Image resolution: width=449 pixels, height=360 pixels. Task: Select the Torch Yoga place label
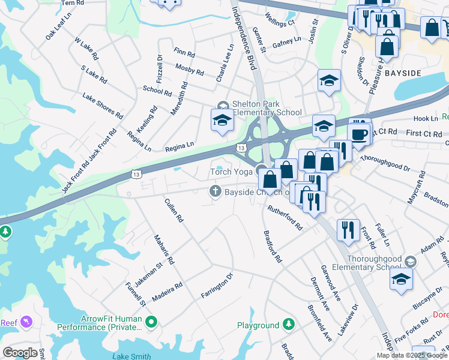[x=231, y=172]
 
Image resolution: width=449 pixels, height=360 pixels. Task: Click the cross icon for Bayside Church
[x=215, y=191]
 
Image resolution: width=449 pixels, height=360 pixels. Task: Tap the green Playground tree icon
[x=289, y=325]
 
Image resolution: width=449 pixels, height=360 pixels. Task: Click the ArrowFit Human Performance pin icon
[x=151, y=323]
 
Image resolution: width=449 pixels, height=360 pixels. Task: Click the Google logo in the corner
[x=20, y=353]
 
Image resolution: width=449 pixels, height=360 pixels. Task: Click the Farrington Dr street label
[x=217, y=287]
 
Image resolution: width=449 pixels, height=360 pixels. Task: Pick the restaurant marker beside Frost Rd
[x=348, y=232]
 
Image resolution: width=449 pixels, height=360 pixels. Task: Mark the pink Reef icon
[x=26, y=323]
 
